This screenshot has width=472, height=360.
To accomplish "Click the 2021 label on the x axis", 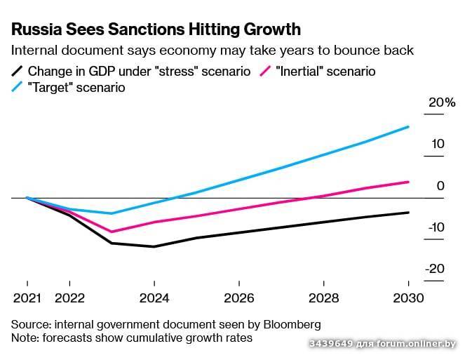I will pyautogui.click(x=27, y=298).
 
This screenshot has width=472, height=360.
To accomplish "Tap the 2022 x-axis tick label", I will pyautogui.click(x=69, y=298).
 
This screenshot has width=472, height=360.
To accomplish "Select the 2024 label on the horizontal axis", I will pyautogui.click(x=154, y=298).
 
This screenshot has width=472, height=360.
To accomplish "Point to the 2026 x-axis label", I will pyautogui.click(x=239, y=298).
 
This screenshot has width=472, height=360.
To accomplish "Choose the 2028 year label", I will pyautogui.click(x=324, y=298).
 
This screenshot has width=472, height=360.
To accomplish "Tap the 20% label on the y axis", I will pyautogui.click(x=442, y=102).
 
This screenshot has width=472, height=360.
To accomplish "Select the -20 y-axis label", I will pyautogui.click(x=436, y=269).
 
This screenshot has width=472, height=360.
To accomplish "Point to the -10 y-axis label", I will pyautogui.click(x=436, y=227).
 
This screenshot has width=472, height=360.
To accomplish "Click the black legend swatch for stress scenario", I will pyautogui.click(x=17, y=71).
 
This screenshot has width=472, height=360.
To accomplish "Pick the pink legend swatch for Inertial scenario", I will pyautogui.click(x=266, y=71).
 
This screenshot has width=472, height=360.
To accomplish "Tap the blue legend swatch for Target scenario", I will pyautogui.click(x=17, y=88).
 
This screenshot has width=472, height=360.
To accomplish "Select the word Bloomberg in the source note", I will pyautogui.click(x=288, y=324).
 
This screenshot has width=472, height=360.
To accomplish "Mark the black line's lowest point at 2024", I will pyautogui.click(x=154, y=246).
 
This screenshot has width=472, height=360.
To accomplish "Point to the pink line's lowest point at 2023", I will pyautogui.click(x=112, y=232).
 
